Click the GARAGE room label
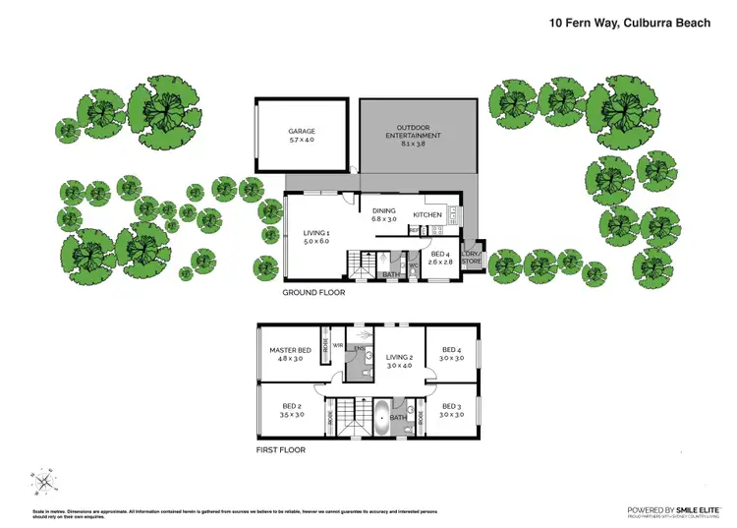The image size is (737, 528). [x=302, y=131]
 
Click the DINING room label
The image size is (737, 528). [x=383, y=208]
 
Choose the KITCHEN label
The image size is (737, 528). [x=427, y=214]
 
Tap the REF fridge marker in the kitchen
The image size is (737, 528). [x=414, y=230]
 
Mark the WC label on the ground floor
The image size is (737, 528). [x=414, y=264]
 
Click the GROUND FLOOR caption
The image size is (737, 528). [x=313, y=293]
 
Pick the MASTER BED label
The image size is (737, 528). [x=291, y=351]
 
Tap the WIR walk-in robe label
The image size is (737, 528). [x=337, y=346]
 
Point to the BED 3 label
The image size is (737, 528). [x=451, y=406]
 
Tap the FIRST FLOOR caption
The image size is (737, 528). [x=280, y=450]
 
